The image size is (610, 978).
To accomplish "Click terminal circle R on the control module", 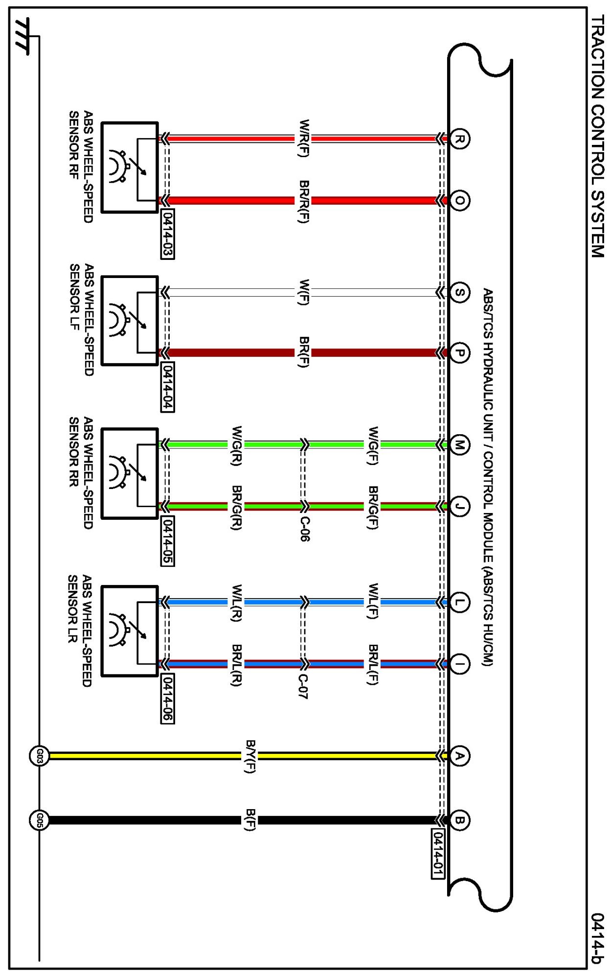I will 459,139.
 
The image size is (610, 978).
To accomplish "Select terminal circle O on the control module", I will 459,200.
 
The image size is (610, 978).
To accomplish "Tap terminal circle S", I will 459,293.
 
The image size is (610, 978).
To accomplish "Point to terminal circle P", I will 459,353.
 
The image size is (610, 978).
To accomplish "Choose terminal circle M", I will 459,445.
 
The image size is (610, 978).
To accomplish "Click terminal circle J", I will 459,506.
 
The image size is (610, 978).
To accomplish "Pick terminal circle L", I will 459,602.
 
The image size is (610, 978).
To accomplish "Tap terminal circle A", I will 459,756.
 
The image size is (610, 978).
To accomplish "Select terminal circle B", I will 459,820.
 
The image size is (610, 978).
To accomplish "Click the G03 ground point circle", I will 39,756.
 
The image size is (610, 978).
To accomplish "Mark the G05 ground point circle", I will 39,820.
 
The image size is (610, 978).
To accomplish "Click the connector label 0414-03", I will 167,234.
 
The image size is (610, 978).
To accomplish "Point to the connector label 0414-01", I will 438,854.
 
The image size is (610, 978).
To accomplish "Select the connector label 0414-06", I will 167,699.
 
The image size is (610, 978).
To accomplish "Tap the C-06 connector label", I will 304,529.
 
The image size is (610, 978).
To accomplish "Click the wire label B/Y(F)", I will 250,756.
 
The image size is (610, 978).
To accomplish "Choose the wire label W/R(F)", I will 304,139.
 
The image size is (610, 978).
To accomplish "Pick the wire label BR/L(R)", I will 236,665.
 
